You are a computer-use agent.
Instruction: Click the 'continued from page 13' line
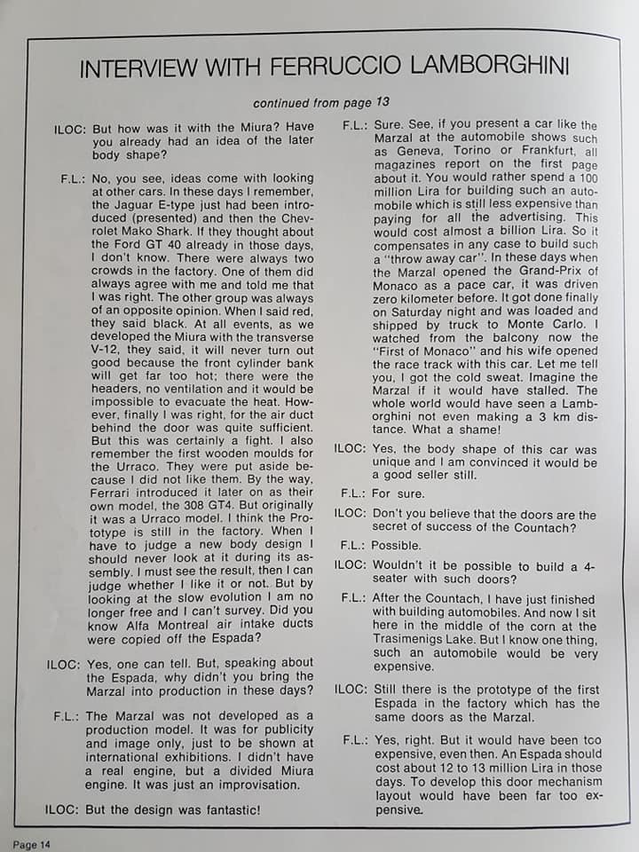click(320, 102)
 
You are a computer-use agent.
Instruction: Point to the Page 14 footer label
click(31, 844)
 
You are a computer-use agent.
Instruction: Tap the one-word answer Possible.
click(396, 546)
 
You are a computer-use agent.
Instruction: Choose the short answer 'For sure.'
click(398, 493)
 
